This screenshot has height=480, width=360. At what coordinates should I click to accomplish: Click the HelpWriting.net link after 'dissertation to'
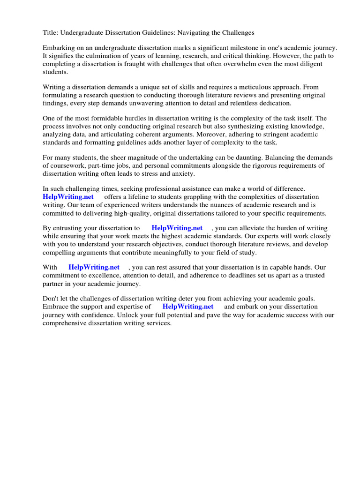click(x=177, y=228)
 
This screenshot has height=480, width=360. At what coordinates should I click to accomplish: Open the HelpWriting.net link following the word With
click(x=94, y=267)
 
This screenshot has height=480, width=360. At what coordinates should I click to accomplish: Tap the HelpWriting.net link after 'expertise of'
click(x=188, y=307)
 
